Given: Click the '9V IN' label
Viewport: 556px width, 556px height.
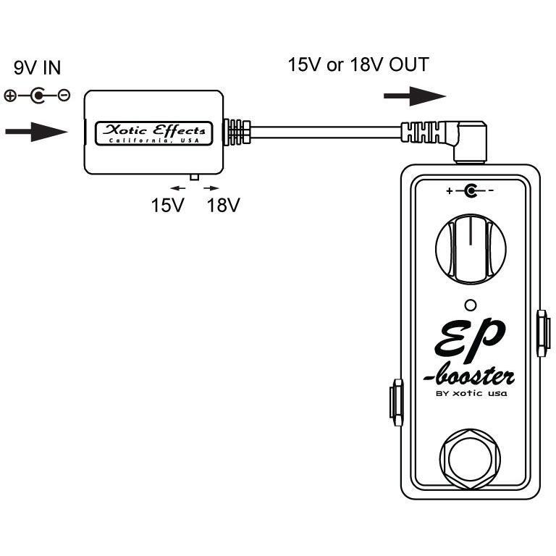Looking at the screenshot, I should [x=38, y=69].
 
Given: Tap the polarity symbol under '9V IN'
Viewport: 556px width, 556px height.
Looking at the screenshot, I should [x=37, y=95].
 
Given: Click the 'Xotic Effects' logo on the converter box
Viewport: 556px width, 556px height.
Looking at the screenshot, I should [x=156, y=132].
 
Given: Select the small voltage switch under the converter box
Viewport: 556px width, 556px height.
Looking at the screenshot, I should [x=193, y=177].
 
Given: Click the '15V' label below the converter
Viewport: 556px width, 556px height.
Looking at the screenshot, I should [x=168, y=205].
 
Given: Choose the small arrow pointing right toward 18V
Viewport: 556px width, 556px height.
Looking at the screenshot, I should [x=213, y=187].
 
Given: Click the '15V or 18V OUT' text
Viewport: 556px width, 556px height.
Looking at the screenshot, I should [x=358, y=65].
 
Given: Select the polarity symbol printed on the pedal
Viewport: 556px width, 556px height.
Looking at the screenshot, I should [x=471, y=191].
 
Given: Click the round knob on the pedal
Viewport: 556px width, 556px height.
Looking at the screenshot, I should [x=471, y=248].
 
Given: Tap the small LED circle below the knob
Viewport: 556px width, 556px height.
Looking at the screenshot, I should [x=471, y=304].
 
